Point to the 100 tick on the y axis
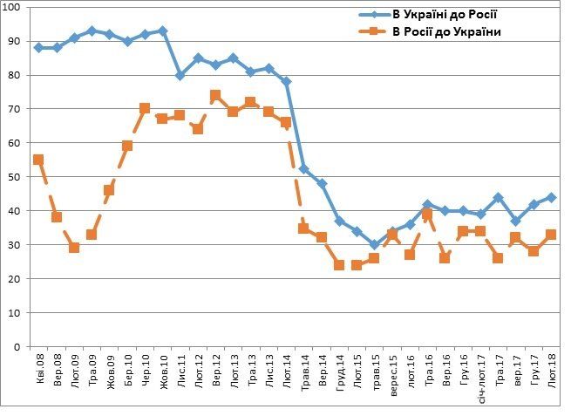16,8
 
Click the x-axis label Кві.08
39,370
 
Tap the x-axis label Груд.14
339,372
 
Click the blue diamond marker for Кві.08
38,48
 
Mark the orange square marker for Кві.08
38,160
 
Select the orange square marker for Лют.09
74,248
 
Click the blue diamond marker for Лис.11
180,75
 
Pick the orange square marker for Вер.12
215,96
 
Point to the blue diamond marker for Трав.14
304,169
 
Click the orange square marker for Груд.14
339,265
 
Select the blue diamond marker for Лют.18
551,197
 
